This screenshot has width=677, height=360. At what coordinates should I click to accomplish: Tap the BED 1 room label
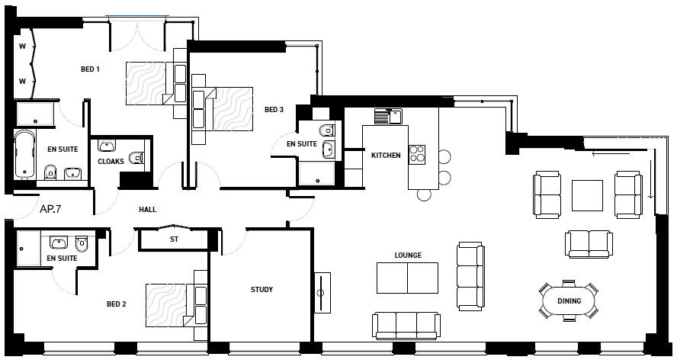pyautogui.click(x=91, y=69)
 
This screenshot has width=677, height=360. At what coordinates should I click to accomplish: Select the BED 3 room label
pyautogui.click(x=274, y=110)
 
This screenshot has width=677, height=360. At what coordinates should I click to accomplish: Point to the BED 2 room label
pyautogui.click(x=116, y=304)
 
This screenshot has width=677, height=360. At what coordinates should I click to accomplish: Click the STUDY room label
pyautogui.click(x=261, y=290)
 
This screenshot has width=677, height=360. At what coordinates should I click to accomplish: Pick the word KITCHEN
pyautogui.click(x=386, y=156)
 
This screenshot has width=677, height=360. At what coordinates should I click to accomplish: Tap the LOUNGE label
pyautogui.click(x=408, y=256)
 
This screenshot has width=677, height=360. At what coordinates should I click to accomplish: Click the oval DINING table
pyautogui.click(x=569, y=301)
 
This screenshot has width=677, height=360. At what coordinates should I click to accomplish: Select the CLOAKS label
pyautogui.click(x=111, y=162)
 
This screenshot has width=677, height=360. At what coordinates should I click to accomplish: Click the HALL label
pyautogui.click(x=147, y=209)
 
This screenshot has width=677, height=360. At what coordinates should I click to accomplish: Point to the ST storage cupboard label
pyautogui.click(x=174, y=239)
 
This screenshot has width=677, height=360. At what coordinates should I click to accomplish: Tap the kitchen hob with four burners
pyautogui.click(x=417, y=154)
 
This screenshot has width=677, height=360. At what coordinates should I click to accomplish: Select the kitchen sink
pyautogui.click(x=387, y=117)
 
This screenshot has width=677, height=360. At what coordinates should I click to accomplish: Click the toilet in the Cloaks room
pyautogui.click(x=136, y=159)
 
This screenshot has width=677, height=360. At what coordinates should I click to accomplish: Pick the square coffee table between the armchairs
pyautogui.click(x=587, y=194)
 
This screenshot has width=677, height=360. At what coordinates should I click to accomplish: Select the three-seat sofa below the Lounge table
pyautogui.click(x=406, y=325)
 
